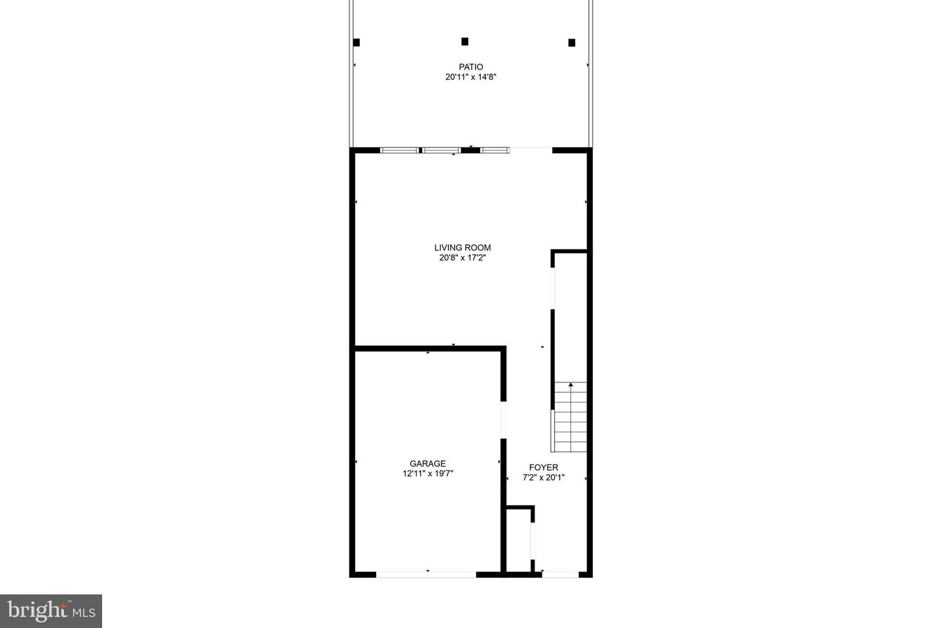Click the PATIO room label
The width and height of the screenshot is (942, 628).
470,67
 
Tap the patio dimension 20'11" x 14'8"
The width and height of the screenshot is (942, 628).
470,77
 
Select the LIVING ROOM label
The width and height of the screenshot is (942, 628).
462,248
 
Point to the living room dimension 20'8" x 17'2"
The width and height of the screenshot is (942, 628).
462,258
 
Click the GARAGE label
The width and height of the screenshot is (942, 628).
428,464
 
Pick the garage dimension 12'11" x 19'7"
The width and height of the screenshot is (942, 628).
428,473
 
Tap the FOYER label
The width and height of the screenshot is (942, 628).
544,468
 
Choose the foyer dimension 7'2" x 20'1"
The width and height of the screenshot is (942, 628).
544,478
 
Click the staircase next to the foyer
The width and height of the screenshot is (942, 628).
570,417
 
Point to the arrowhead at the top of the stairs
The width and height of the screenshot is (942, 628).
570,385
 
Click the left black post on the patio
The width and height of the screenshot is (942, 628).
357,43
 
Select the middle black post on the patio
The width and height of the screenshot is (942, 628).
464,41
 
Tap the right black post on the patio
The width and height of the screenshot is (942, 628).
572,43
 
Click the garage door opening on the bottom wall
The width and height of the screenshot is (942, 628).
426,574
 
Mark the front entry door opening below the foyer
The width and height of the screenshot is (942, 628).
561,574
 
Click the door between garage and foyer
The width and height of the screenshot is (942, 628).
503,420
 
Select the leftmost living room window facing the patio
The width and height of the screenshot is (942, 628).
399,151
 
